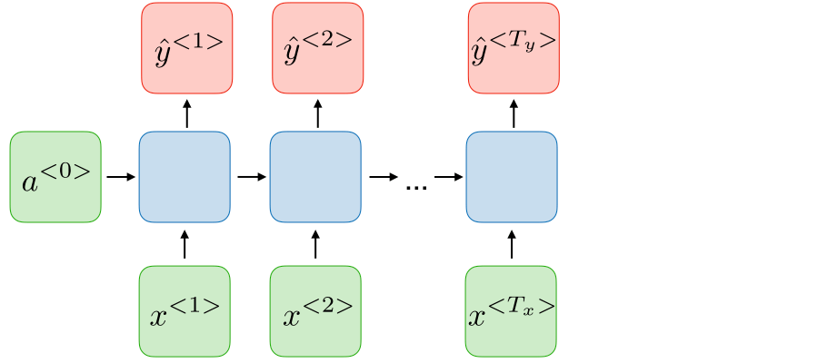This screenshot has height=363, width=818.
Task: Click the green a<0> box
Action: (x=55, y=177)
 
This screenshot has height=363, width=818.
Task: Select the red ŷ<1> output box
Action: (x=186, y=48)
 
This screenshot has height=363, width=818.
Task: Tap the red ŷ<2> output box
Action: (x=317, y=48)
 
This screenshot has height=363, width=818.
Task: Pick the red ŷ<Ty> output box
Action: (x=513, y=48)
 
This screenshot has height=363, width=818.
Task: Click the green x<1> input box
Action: (x=185, y=310)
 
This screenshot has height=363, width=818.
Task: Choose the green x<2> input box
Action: (x=316, y=310)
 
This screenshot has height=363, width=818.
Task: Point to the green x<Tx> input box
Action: (x=511, y=310)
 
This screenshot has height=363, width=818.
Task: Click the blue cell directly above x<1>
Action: (x=185, y=177)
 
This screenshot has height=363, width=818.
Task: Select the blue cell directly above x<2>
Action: (x=315, y=177)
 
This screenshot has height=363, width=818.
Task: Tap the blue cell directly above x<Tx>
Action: (x=512, y=177)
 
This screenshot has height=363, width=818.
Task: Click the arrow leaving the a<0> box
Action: (x=120, y=177)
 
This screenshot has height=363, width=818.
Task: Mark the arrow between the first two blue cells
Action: (x=250, y=177)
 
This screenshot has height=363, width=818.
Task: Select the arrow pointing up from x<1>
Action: (x=185, y=245)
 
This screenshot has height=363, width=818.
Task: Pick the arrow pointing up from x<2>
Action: (x=316, y=245)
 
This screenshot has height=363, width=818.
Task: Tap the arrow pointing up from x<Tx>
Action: (x=512, y=245)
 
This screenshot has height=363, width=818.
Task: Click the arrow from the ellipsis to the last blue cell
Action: (x=447, y=177)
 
